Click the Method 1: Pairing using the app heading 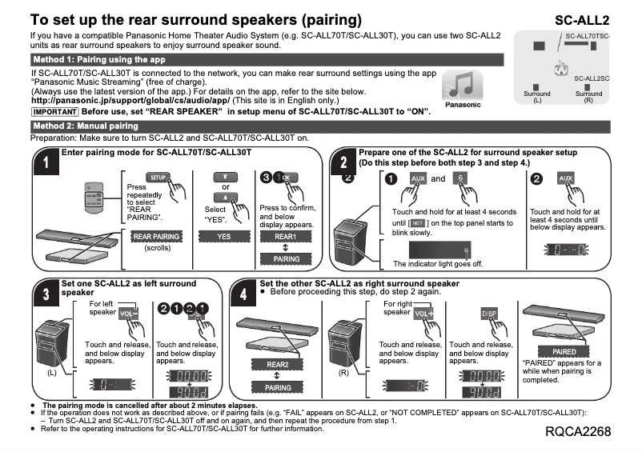pyautogui.click(x=99, y=60)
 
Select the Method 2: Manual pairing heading pyautogui.click(x=86, y=126)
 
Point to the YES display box pyautogui.click(x=224, y=237)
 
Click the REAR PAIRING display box pyautogui.click(x=157, y=237)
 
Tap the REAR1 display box pyautogui.click(x=287, y=237)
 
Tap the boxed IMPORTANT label pyautogui.click(x=54, y=111)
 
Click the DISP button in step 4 pyautogui.click(x=489, y=313)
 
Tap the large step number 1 pyautogui.click(x=47, y=165)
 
